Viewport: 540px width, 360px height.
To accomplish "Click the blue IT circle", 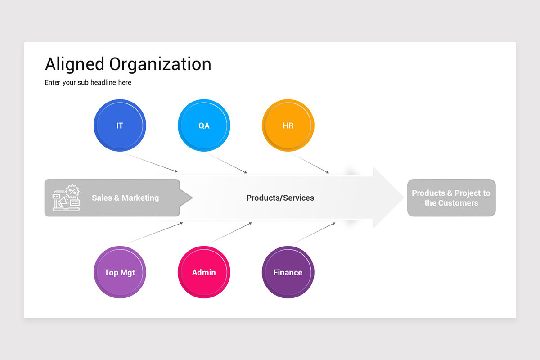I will tap(120, 126).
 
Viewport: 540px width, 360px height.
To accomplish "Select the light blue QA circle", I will tap(204, 126).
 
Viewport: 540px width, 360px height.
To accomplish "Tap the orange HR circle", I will tap(288, 126).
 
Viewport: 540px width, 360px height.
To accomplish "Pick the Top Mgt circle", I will tap(120, 272).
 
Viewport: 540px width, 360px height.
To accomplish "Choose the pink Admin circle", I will tap(204, 272).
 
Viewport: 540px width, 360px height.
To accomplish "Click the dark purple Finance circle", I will tap(288, 272).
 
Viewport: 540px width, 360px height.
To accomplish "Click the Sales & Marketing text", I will tap(125, 198).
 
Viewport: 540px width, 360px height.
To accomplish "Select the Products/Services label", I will tap(280, 198).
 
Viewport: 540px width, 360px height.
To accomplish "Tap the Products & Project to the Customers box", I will tap(451, 198).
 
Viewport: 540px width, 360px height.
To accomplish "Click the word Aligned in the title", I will tap(75, 64).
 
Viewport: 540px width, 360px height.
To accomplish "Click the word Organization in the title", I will tap(160, 64).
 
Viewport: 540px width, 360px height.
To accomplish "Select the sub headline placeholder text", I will tap(88, 83).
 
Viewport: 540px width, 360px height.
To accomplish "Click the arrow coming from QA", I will tap(227, 163).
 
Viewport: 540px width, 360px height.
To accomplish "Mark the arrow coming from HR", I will tap(310, 163).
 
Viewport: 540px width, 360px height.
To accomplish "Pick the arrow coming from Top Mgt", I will tap(153, 233).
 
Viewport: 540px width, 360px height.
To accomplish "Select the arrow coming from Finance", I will tap(313, 233).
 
